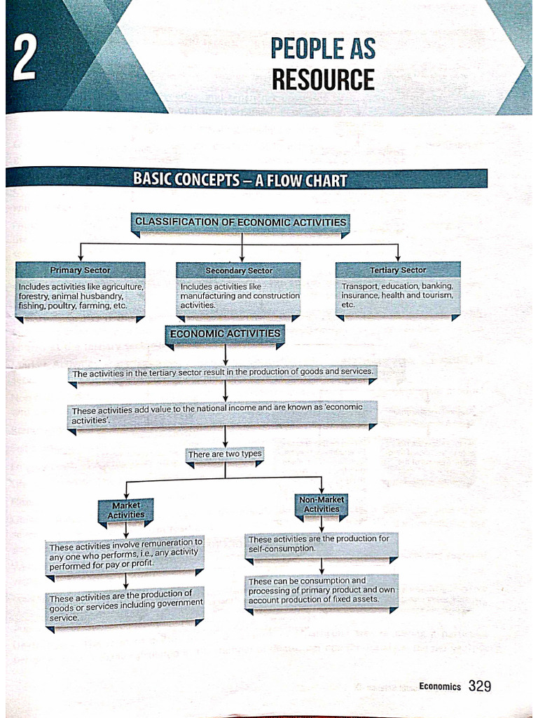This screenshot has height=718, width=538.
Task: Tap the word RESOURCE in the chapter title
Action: tap(323, 79)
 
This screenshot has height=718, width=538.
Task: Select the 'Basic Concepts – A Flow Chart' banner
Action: tap(240, 179)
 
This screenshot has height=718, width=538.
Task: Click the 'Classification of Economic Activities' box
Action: tap(240, 222)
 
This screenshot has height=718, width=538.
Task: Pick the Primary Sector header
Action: tap(80, 270)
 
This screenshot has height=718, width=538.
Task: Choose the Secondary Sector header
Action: tap(239, 271)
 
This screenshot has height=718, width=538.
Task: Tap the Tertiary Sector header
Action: tap(397, 270)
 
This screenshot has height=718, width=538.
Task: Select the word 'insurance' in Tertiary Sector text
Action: tap(360, 295)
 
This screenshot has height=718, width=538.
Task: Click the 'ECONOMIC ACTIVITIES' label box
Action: tap(225, 334)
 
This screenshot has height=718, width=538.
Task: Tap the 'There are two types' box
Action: tap(225, 454)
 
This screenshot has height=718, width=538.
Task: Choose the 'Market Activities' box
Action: tap(126, 510)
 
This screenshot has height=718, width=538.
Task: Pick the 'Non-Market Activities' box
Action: tap(322, 504)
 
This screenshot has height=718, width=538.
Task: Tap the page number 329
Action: tap(480, 686)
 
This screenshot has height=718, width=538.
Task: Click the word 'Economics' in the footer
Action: tap(440, 686)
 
